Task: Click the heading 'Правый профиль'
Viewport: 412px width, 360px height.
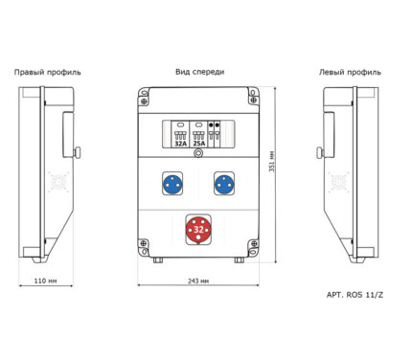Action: [x=47, y=73]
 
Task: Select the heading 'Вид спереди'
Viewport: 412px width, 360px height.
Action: [x=199, y=72]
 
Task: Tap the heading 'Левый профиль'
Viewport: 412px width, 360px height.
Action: [x=350, y=73]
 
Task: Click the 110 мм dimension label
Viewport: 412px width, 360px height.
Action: [x=45, y=281]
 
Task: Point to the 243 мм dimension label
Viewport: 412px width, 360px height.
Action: [x=198, y=281]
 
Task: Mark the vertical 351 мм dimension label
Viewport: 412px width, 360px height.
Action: [x=271, y=161]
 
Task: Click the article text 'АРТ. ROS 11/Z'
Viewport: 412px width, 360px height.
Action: [x=355, y=295]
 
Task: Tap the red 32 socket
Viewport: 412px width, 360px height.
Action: [x=198, y=230]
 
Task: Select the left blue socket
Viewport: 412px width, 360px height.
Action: [x=172, y=185]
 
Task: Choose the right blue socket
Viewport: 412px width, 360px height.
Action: [x=224, y=185]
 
